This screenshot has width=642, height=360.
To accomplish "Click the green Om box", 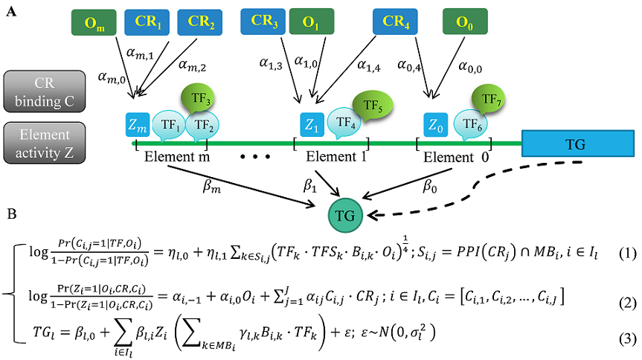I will coord(94,23).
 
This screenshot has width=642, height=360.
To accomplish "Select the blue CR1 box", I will coord(148,23).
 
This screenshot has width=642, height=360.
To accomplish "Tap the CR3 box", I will coord(263,22).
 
